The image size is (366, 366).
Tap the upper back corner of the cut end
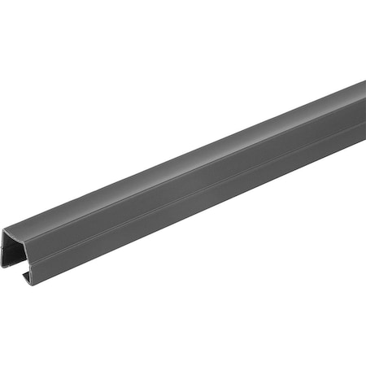click(x=6, y=233)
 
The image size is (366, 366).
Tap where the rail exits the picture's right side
click(x=363, y=122)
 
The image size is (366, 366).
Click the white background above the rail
click(x=122, y=65)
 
